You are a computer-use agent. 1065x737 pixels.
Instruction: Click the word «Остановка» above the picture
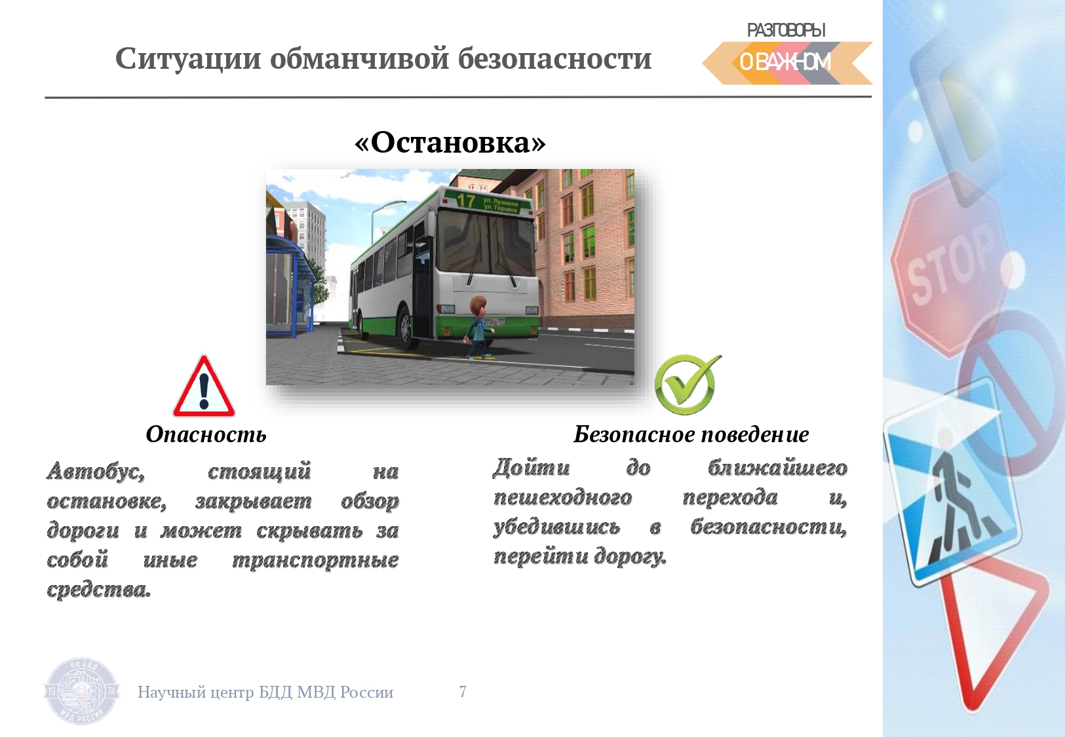point(450,142)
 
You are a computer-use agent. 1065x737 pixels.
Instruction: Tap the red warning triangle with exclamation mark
point(203,387)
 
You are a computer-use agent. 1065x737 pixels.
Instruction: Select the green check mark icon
point(687,384)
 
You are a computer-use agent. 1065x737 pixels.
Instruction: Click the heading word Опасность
point(206,434)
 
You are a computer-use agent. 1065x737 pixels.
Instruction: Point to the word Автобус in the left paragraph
point(96,472)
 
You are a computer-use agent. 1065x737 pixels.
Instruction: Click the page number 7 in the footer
point(463,691)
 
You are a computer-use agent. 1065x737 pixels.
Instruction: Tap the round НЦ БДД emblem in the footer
point(81,691)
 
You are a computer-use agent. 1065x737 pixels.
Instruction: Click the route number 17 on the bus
point(466,200)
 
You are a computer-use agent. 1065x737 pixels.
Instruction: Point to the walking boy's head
point(477,308)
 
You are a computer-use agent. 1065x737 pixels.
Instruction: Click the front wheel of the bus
point(405,327)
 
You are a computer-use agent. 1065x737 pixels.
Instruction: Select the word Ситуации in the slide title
point(188,59)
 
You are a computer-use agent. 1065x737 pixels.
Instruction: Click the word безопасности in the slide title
point(555,59)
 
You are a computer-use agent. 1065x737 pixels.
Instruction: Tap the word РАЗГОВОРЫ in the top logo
point(786,30)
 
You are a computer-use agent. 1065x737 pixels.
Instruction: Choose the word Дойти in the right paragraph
point(531,468)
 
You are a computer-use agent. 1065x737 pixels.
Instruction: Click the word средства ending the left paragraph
point(98,590)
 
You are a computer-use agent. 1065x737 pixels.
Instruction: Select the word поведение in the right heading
point(755,434)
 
